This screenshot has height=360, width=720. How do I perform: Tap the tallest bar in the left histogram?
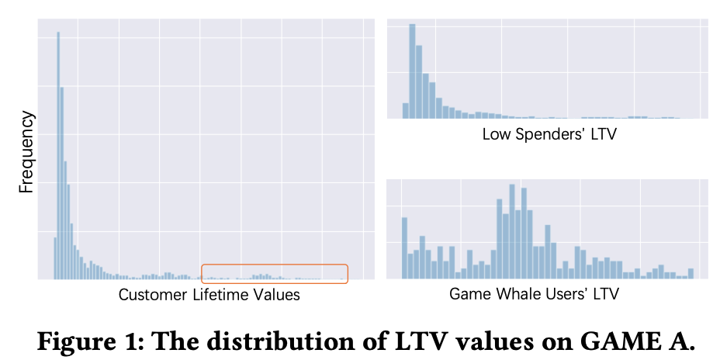pyautogui.click(x=58, y=155)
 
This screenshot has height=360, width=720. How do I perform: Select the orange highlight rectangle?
pyautogui.click(x=275, y=273)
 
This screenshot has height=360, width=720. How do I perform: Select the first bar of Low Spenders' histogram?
pyautogui.click(x=405, y=110)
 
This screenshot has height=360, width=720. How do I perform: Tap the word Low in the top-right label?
pyautogui.click(x=496, y=134)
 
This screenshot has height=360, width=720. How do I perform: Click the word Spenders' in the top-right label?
pyautogui.click(x=549, y=134)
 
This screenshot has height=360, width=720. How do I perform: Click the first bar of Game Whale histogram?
pyautogui.click(x=404, y=247)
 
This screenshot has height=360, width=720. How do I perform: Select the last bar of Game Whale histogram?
pyautogui.click(x=691, y=273)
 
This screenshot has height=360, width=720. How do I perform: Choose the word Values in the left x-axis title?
pyautogui.click(x=277, y=295)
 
